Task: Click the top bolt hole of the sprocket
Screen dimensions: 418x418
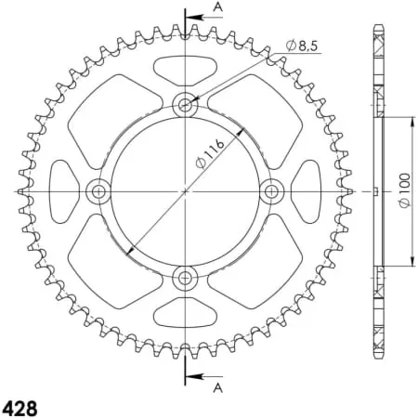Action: click(185, 104)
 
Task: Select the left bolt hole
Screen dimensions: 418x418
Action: click(98, 191)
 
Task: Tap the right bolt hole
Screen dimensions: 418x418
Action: click(271, 191)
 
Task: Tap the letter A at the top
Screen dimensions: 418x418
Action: click(217, 7)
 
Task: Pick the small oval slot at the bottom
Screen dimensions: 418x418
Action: click(185, 313)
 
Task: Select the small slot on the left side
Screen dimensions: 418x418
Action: click(62, 191)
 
